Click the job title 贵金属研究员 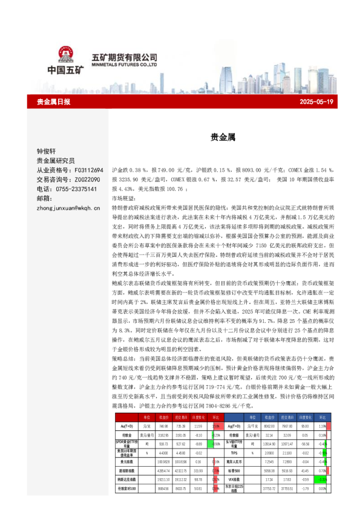(56, 161)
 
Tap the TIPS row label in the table (234, 435)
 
